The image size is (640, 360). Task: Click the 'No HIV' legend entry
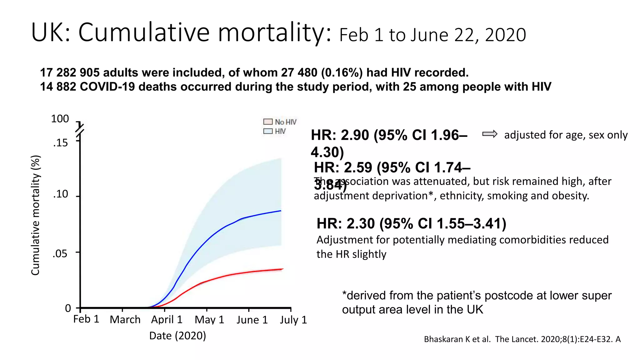point(280,122)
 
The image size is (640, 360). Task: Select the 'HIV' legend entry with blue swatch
point(275,131)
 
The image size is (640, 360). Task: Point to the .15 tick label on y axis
point(60,143)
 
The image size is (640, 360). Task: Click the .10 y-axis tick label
point(60,194)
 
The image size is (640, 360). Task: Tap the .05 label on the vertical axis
point(60,253)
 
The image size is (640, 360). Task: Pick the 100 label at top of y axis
point(60,119)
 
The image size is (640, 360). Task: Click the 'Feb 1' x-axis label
point(86,319)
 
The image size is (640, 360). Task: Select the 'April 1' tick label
point(167,320)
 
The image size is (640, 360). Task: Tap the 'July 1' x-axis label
point(293,320)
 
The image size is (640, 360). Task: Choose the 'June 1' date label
point(252,320)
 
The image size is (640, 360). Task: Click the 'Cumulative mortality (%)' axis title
point(35,215)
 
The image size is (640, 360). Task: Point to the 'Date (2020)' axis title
point(177,336)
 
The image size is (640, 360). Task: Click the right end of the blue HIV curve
point(281,211)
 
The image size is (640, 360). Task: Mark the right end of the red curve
point(283,269)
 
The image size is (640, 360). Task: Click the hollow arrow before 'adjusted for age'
point(489,134)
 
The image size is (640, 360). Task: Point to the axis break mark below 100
point(80,129)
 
